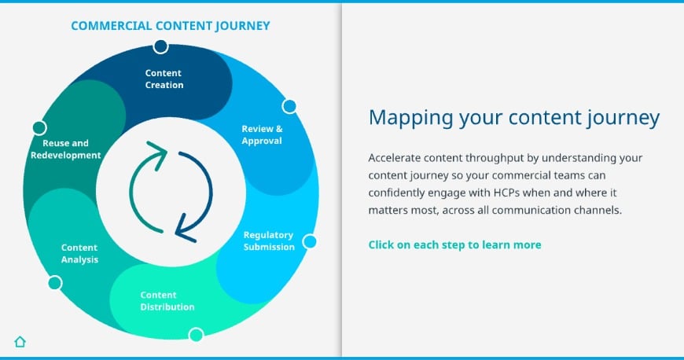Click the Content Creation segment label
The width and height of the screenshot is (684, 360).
coord(164,79)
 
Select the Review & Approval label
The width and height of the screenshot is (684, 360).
coord(262,135)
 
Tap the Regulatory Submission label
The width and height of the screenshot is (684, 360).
coord(269,241)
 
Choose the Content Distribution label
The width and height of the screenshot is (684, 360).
coord(167,301)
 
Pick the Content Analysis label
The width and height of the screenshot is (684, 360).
coord(79,254)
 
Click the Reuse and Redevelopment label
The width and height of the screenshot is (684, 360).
coord(65,149)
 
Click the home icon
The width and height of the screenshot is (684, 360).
coord(20,341)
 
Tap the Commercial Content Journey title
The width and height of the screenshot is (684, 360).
coord(171,26)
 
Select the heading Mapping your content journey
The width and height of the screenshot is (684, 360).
coord(514,118)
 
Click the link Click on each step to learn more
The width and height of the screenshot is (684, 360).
coord(454,244)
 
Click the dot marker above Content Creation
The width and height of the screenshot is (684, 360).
coord(160,46)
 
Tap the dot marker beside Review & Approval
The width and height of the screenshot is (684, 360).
coord(289,106)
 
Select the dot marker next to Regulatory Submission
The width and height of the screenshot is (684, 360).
coord(309,241)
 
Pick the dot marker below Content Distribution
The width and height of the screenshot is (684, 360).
coord(197,335)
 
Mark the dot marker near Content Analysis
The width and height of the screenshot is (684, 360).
coord(55,283)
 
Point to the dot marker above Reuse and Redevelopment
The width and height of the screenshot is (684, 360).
coord(39,128)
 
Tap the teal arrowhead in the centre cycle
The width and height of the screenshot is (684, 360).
coord(158,150)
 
